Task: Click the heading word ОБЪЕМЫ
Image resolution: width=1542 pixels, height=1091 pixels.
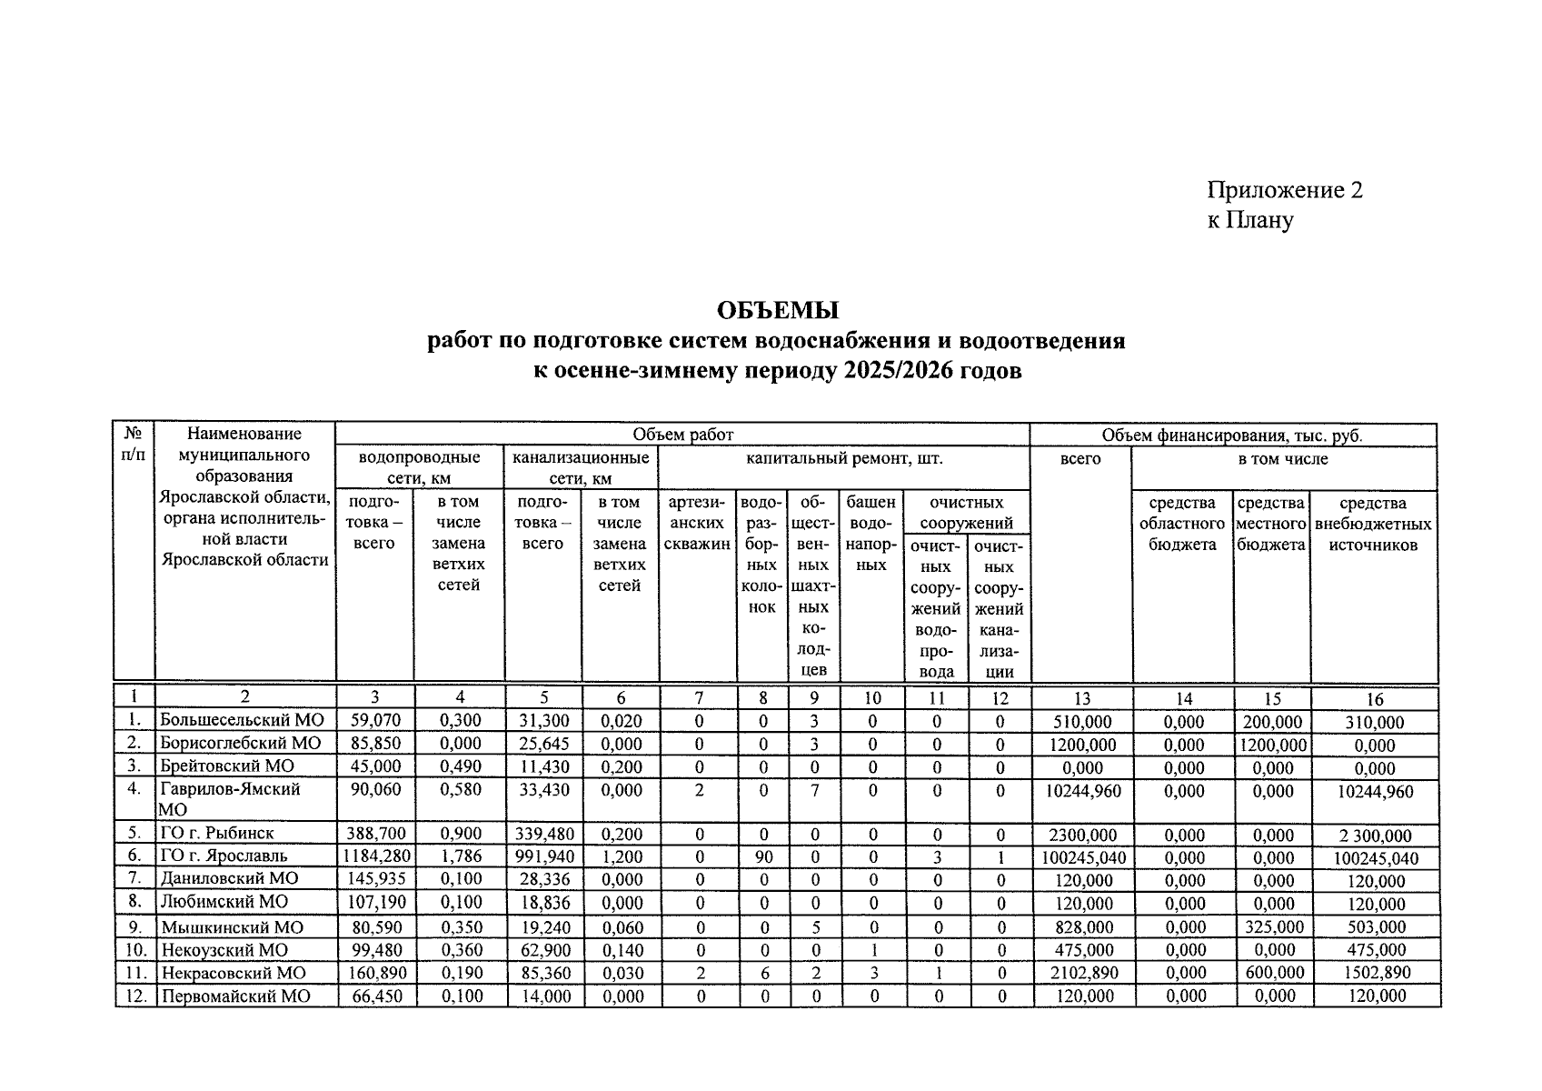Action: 777,311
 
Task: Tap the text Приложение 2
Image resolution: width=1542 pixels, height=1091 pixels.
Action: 1284,190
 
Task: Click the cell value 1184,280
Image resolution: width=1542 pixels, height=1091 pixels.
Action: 376,856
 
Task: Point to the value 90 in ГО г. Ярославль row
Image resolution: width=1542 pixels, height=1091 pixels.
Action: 763,856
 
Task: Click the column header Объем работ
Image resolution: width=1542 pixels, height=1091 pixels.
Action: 682,435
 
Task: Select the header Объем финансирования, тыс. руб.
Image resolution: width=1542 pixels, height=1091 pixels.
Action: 1232,435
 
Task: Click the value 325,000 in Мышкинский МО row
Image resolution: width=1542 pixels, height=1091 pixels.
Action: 1273,927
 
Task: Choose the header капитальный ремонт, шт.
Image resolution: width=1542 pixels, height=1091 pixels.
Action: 844,458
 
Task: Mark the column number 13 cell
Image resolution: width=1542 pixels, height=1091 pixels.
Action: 1081,698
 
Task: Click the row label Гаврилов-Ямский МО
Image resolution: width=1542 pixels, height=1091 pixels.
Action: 230,789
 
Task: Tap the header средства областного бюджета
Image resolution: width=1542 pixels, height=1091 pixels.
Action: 1181,524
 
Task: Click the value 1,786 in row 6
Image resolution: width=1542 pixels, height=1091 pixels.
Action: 460,856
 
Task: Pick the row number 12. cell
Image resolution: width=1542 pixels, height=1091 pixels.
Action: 134,996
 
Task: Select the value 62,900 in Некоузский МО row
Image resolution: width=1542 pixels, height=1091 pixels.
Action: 543,950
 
